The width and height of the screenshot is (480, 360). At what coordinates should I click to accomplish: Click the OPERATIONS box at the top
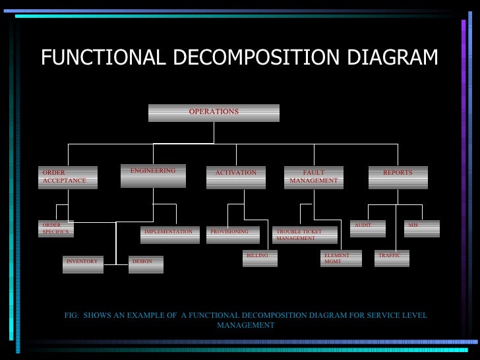(214, 113)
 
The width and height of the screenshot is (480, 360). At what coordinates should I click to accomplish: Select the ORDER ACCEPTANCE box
(67, 177)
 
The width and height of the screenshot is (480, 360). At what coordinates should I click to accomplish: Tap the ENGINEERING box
(153, 175)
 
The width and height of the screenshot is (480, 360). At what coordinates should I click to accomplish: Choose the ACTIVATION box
(235, 177)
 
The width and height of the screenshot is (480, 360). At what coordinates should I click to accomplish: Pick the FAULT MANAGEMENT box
(313, 177)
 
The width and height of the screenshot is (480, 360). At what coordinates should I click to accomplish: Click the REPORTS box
(398, 177)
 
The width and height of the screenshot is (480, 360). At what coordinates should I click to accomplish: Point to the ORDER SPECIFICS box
(55, 229)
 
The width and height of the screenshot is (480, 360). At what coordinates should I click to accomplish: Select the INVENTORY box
(82, 264)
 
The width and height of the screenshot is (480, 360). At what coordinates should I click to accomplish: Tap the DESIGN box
(146, 264)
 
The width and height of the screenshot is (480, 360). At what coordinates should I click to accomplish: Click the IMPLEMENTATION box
(170, 235)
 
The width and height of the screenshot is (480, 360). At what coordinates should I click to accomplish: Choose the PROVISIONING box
(232, 235)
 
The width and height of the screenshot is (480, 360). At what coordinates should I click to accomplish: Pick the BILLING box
(260, 258)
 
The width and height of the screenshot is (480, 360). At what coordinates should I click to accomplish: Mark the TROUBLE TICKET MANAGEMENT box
(305, 235)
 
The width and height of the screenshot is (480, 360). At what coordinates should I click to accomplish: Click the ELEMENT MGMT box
(341, 258)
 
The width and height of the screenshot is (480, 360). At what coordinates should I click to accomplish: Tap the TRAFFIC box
(392, 258)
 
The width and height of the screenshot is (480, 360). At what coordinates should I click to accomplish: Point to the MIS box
(422, 228)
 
